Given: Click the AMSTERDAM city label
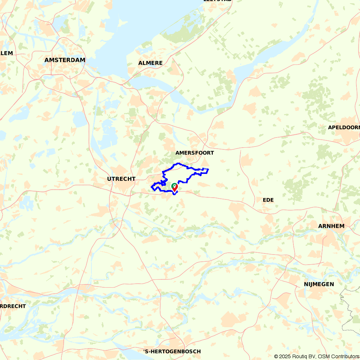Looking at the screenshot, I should [65, 60].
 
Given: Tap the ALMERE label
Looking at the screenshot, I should [150, 63].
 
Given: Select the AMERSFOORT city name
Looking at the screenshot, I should [194, 153].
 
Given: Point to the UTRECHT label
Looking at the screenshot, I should [121, 179].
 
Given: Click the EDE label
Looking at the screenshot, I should [268, 200].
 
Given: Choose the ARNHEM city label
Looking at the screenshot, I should [331, 226].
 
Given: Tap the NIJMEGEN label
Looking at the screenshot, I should [319, 284].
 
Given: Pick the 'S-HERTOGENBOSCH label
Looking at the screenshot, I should [172, 351].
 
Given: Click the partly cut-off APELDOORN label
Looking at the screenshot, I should [344, 127].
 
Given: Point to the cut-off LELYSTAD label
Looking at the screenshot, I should [217, 1].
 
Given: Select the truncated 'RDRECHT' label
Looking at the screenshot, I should [13, 306].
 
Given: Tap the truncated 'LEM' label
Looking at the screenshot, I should [6, 53].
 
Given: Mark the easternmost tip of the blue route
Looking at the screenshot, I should [208, 169].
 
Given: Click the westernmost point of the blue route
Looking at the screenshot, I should [151, 187].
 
